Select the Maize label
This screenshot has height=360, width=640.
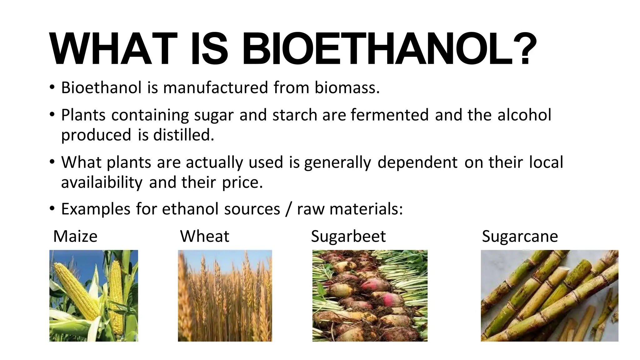(75, 236)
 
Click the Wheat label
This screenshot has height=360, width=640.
(205, 236)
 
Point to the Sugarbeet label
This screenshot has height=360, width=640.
(348, 237)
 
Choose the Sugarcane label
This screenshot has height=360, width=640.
(520, 236)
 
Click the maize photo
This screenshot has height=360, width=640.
(93, 295)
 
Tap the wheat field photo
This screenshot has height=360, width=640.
(225, 295)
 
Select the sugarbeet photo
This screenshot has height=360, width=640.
(370, 295)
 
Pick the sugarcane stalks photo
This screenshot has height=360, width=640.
(549, 295)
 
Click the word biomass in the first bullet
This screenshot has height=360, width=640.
(347, 87)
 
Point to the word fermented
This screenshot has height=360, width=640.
(389, 115)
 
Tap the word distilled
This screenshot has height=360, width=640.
(183, 135)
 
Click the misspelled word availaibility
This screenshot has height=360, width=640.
(102, 182)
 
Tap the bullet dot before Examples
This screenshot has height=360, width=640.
(52, 208)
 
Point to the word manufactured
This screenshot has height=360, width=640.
(216, 87)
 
